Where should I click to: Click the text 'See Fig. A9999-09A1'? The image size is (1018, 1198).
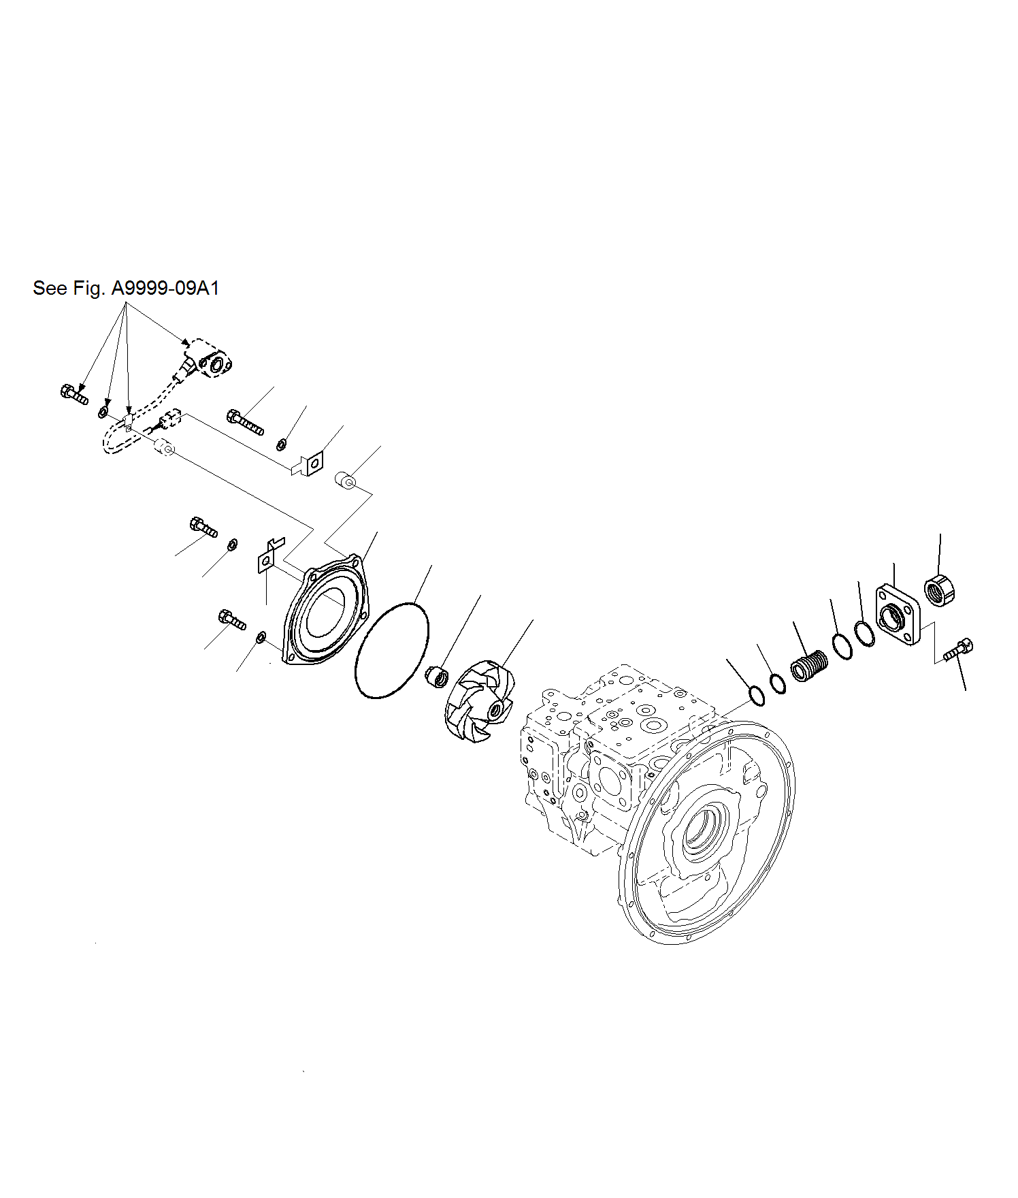click(126, 289)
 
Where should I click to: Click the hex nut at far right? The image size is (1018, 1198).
click(940, 590)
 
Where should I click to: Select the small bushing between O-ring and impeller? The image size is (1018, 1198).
click(437, 678)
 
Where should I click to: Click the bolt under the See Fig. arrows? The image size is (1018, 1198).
click(73, 393)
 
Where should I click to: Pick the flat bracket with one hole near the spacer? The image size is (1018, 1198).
click(310, 465)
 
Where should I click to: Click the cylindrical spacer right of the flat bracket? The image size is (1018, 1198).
click(346, 481)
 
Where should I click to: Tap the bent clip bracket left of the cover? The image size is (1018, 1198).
click(267, 557)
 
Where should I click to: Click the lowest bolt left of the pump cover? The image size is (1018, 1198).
click(232, 619)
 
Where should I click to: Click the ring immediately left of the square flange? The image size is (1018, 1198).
click(864, 634)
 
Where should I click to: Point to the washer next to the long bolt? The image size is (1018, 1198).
click(281, 445)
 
